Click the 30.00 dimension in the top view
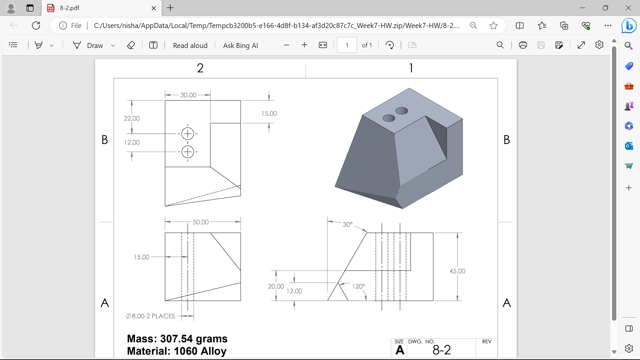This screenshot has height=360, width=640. tap(188, 95)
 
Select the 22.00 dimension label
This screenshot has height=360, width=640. tap(132, 118)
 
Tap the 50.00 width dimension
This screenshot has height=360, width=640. tap(201, 222)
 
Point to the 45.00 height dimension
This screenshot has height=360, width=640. tap(457, 271)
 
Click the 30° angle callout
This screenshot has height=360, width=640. tap(348, 224)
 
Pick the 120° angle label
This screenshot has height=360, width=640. tap(359, 286)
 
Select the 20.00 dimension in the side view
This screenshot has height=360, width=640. tap(276, 286)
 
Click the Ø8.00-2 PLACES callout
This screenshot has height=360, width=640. tap(150, 316)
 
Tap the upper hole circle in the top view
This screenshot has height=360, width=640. tap(188, 134)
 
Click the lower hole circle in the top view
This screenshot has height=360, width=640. tap(188, 152)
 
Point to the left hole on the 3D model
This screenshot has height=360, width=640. tap(389, 118)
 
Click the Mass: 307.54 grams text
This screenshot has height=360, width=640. tap(177, 339)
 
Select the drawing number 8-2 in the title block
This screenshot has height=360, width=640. tap(441, 350)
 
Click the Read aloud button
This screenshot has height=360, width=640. tap(190, 45)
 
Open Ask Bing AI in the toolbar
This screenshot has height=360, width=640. tap(240, 45)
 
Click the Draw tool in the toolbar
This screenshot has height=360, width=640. tap(88, 45)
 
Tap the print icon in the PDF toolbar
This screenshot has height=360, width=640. tap(523, 45)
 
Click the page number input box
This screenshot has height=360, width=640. tap(347, 45)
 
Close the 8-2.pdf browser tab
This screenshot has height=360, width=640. tap(154, 8)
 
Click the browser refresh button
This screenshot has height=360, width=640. tap(36, 25)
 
